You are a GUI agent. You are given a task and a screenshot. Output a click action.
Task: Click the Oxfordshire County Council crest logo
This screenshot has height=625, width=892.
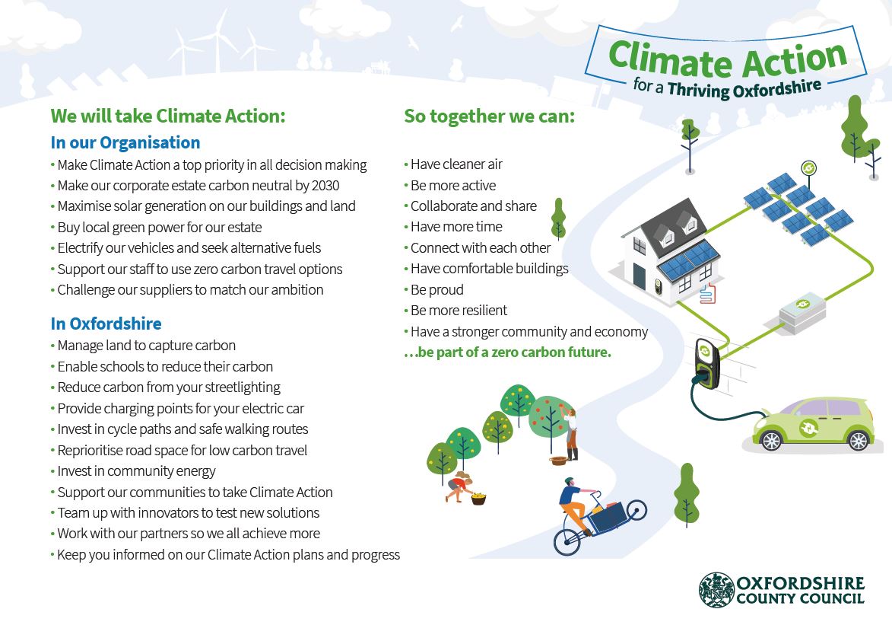716,590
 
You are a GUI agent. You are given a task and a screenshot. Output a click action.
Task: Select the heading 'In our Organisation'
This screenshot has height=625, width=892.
125,143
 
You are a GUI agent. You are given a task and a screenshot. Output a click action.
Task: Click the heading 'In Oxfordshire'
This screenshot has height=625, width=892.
106,324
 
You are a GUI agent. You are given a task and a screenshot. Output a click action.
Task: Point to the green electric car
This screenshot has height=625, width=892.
812,425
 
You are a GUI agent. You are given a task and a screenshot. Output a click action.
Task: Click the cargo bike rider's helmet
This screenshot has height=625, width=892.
570,483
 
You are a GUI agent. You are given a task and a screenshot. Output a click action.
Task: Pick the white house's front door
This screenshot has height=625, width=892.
640,273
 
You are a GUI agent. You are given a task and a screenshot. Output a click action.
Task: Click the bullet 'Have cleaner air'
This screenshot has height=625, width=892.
456,164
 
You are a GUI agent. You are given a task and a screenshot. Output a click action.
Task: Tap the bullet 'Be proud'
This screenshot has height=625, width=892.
436,290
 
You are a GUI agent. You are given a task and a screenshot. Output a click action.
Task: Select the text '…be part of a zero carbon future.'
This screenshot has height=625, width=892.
508,352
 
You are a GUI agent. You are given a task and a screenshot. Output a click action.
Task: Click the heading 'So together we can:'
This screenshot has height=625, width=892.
489,116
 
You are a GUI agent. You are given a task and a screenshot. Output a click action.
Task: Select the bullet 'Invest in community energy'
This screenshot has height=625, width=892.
137,471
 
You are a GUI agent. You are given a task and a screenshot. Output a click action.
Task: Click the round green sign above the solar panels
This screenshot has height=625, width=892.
809,167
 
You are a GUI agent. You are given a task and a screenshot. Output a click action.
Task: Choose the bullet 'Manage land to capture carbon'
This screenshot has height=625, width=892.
147,346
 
